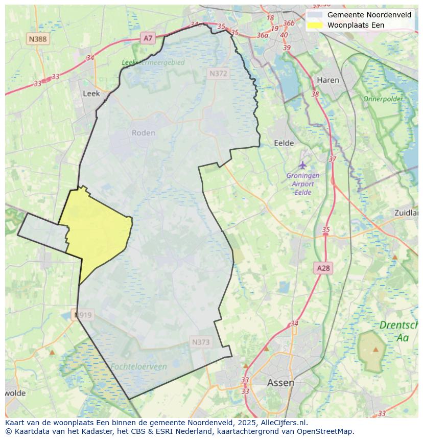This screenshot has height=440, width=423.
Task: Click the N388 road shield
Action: [38, 39]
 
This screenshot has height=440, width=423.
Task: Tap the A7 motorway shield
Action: [148, 38]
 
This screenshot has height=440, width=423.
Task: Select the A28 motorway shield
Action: [323, 268]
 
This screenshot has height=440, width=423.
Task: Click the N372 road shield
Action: [218, 74]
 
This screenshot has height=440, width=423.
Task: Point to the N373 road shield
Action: [201, 342]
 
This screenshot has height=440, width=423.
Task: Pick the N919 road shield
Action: [83, 315]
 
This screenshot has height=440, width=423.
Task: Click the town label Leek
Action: [91, 94]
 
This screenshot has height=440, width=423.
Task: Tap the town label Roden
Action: [143, 133]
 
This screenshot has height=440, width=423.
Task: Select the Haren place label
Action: [327, 80]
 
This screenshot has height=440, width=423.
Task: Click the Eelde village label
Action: [284, 143]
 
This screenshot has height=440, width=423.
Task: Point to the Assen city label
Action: [280, 383]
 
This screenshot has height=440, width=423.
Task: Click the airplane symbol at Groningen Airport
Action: [303, 165]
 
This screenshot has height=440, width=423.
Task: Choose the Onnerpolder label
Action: [383, 99]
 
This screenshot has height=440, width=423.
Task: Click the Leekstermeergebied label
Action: [153, 62]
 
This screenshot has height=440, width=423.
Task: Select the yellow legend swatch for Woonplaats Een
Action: [315, 25]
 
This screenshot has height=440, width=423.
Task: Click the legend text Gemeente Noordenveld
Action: [369, 15]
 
